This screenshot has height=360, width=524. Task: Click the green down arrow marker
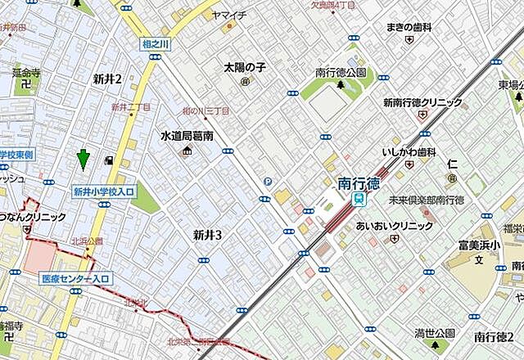[83, 160]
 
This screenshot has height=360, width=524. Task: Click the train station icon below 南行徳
[359, 199]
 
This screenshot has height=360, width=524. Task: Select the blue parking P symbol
[266, 182]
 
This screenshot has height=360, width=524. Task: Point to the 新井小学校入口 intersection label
[104, 191]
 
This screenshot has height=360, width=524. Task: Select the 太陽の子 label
[244, 68]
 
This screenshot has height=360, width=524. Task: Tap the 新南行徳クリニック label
[422, 103]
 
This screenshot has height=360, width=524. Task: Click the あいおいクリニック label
[394, 225]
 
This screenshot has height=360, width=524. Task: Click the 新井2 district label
[107, 79]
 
